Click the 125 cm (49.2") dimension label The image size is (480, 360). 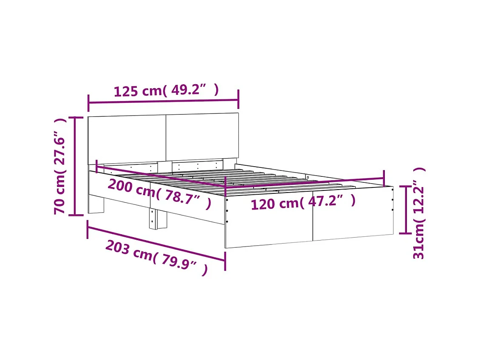[166, 91]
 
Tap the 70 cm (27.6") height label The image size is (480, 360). [61, 166]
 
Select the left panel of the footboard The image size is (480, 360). [268, 221]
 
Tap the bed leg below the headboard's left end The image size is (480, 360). [96, 204]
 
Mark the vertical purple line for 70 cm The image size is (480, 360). [76, 166]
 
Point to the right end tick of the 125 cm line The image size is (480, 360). [238, 99]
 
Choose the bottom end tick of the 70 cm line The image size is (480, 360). [76, 215]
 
